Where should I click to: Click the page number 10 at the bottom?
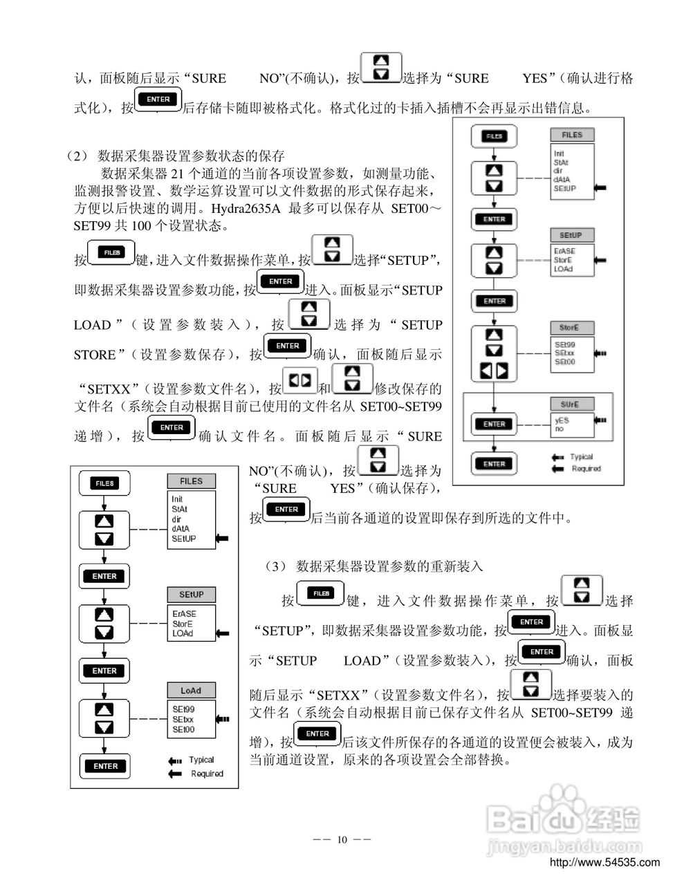point(342,840)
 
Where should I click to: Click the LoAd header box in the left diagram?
point(192,691)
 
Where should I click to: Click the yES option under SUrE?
point(562,420)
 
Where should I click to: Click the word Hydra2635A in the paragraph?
point(245,208)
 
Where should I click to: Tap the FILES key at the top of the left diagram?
point(104,483)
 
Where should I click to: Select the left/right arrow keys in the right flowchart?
point(494,370)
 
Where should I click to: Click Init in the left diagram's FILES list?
point(178,499)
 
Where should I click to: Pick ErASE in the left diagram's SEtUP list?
point(184,613)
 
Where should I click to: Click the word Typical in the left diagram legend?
point(201,760)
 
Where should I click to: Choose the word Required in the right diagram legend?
point(586,469)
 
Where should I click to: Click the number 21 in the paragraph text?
point(176,173)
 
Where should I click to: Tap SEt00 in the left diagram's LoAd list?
point(183,729)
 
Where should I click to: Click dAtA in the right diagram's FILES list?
point(562,179)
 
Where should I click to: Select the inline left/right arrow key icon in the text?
point(300,380)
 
